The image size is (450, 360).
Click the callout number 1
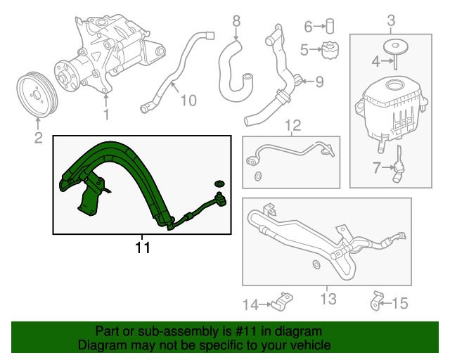tap(106, 114)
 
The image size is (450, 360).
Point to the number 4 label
tap(375, 62)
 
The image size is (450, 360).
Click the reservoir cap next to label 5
tap(330, 50)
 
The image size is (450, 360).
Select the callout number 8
tap(236, 21)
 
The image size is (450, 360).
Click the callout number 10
tap(188, 101)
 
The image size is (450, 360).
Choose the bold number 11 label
tap(143, 247)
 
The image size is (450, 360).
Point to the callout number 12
tap(292, 125)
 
